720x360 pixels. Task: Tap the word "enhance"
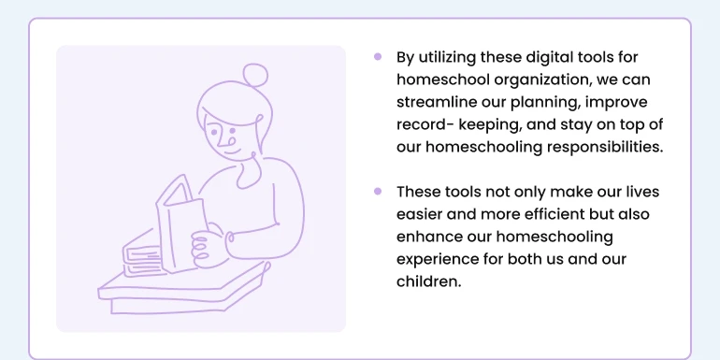pos(427,237)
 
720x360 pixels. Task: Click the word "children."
pos(429,281)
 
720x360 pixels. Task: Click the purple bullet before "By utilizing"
pos(378,56)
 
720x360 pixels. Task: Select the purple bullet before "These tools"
pos(378,191)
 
